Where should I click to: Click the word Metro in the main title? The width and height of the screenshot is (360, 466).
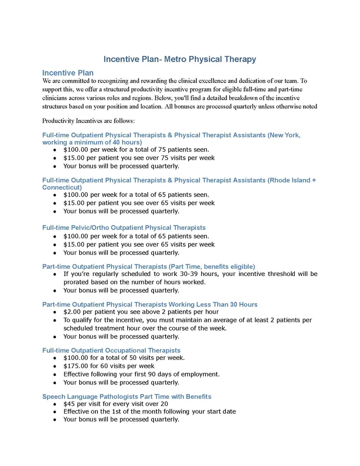coord(175,60)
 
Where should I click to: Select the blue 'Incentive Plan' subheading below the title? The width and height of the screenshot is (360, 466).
coord(68,73)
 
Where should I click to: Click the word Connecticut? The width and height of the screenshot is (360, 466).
coord(62,187)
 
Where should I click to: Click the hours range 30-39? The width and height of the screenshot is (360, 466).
coord(203,274)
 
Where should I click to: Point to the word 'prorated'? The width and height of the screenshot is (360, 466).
coord(79,282)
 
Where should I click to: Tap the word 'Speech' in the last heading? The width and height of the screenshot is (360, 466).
coord(54,396)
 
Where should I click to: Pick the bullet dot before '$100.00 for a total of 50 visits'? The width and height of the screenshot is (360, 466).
coord(55,358)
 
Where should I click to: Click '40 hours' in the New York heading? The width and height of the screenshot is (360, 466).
coord(127,142)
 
